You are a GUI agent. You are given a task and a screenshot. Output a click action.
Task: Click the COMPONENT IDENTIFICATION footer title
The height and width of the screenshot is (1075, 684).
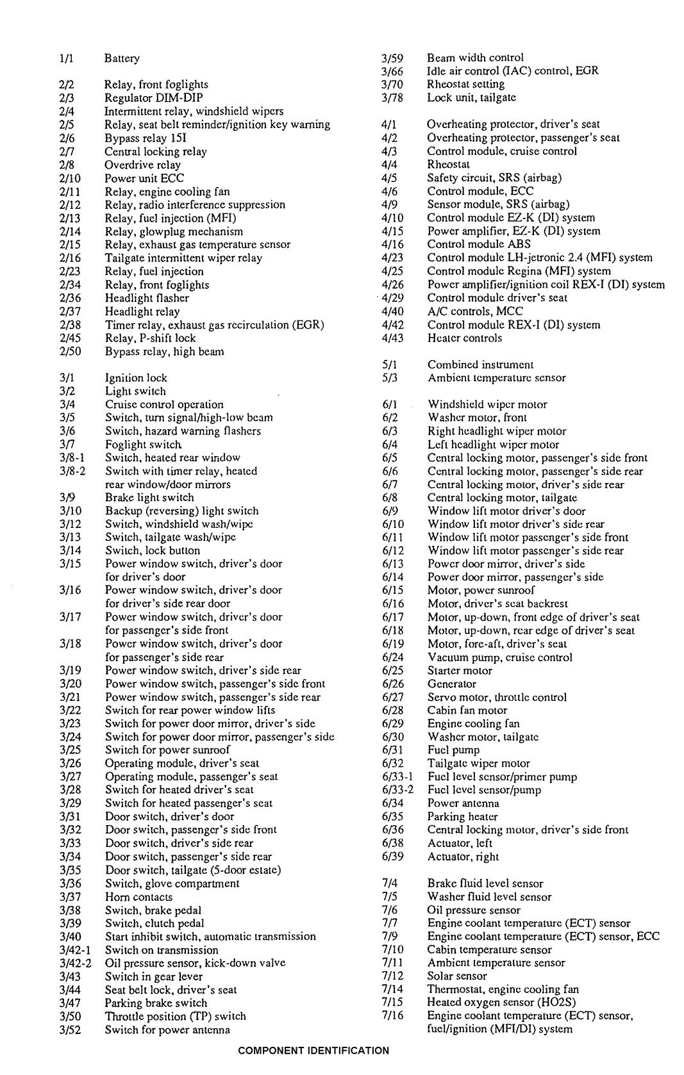point(313,1050)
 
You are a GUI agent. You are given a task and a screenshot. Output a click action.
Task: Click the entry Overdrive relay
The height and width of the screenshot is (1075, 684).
point(142,165)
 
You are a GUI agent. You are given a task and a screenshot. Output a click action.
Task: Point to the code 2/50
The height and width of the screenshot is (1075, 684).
point(69,351)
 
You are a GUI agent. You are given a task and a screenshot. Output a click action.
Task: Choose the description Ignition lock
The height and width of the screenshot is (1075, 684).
point(136,378)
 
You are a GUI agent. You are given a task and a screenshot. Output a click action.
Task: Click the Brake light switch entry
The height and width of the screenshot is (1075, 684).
point(149,497)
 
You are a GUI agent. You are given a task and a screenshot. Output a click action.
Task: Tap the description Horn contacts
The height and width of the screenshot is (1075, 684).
point(138,897)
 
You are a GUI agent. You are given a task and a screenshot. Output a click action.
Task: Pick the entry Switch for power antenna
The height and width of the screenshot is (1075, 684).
point(167,1030)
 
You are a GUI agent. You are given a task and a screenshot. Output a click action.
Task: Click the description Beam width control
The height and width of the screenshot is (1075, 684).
point(475,58)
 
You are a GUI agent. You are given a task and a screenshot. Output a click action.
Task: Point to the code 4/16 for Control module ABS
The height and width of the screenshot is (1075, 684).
point(392,244)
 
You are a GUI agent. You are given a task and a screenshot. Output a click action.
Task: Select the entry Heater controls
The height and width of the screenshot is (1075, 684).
point(465,338)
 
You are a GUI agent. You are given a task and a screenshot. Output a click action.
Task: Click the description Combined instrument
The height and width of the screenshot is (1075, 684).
point(480,365)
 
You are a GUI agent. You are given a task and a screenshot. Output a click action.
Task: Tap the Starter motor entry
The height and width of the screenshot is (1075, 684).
point(460,671)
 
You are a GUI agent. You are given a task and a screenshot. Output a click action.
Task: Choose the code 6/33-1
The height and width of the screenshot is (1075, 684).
point(397,777)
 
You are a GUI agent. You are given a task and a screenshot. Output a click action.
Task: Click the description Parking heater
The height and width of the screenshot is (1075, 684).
point(462,817)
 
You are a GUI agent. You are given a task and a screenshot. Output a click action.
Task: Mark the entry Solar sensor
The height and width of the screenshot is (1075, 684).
point(457,976)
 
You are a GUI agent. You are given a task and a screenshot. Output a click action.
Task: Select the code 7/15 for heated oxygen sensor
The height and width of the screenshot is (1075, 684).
point(392,1003)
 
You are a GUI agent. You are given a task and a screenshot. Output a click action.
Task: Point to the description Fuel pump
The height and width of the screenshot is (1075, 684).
point(453,750)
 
